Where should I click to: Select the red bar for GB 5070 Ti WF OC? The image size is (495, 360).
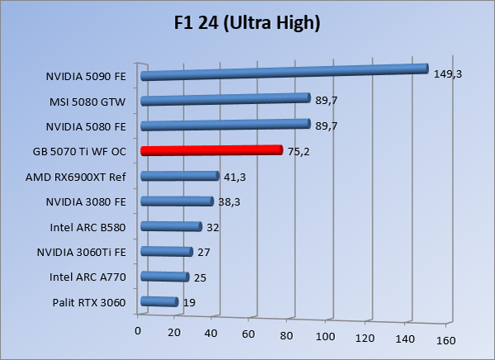212,150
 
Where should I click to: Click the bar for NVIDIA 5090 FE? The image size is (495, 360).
285,73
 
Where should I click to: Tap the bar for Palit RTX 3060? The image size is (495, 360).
160,302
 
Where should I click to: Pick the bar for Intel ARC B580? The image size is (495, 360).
172,226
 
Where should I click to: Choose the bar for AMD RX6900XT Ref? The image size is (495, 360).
180,176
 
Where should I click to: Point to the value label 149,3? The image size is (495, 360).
447,73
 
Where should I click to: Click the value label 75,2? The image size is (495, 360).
298,152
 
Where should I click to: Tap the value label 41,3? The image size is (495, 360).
234,177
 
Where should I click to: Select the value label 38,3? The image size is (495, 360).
229,201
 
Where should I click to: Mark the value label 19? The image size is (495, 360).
189,303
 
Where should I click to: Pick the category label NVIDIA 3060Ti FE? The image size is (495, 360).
82,253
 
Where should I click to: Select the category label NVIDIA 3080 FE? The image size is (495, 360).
87,202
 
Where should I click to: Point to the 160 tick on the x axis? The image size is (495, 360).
446,339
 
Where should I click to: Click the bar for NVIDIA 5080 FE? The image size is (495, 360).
225,126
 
